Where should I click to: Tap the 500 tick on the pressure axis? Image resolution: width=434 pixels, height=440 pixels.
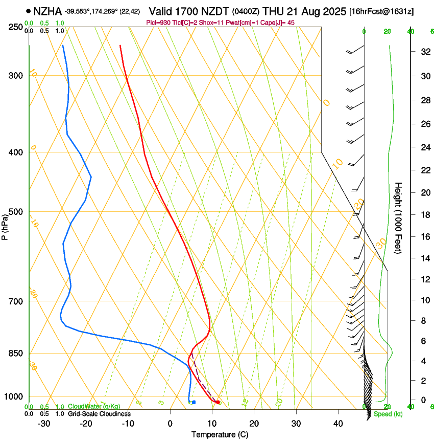click(x=16, y=212)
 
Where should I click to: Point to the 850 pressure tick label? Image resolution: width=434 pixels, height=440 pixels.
click(x=16, y=353)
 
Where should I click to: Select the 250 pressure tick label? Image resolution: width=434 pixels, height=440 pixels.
click(x=16, y=27)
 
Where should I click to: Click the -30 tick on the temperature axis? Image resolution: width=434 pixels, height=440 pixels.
click(x=44, y=424)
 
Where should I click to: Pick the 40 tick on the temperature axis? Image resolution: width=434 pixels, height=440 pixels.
click(x=337, y=424)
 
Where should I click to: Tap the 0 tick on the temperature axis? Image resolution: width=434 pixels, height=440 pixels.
click(x=170, y=424)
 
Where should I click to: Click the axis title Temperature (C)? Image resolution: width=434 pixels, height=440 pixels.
click(x=220, y=434)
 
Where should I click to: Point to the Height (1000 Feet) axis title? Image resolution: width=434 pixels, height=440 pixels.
click(x=399, y=218)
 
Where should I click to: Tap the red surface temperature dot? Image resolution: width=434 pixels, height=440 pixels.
click(x=218, y=402)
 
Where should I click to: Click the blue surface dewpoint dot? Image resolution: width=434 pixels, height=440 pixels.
click(x=194, y=402)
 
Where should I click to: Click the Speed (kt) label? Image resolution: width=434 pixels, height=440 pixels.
click(x=388, y=414)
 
